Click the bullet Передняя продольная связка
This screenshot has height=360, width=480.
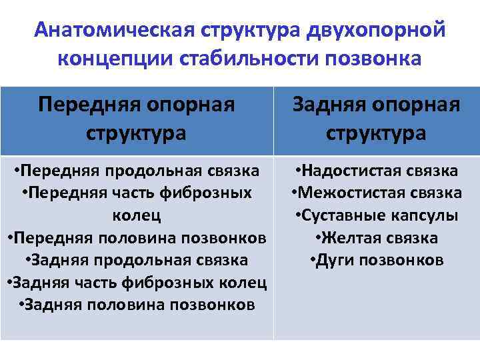coord(137,171)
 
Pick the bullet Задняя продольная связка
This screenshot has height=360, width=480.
coord(137,260)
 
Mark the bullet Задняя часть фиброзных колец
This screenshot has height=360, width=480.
coord(137,283)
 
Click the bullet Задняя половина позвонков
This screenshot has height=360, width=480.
coord(137,305)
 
